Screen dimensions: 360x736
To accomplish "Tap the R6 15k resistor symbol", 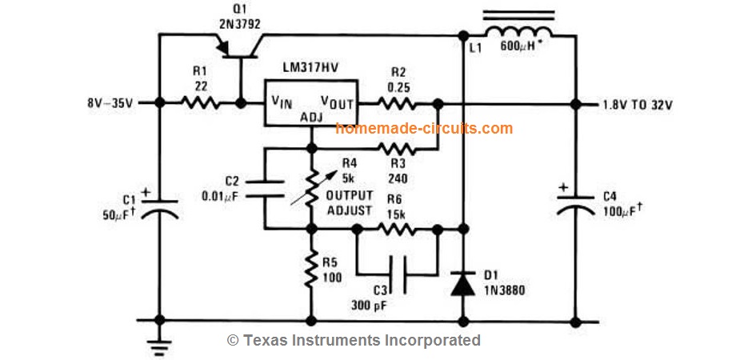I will click(396, 228).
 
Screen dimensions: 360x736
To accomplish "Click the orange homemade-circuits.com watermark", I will click(424, 128).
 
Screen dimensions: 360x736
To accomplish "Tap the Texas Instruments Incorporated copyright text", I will click(354, 340).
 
